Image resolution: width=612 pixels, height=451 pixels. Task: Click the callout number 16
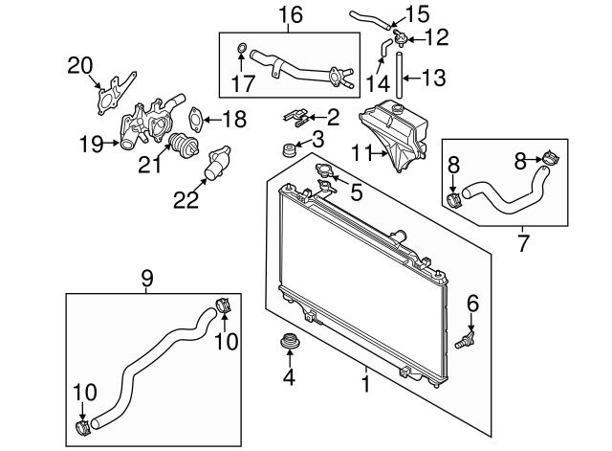click(x=290, y=15)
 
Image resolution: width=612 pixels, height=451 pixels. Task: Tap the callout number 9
click(x=146, y=279)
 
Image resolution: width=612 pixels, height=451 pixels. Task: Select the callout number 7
click(x=523, y=244)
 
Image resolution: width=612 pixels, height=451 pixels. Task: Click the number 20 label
click(x=81, y=66)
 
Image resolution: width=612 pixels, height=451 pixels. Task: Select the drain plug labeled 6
click(x=467, y=338)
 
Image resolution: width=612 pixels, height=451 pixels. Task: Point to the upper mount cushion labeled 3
click(x=284, y=150)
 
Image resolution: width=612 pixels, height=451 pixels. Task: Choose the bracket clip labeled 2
click(x=296, y=118)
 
